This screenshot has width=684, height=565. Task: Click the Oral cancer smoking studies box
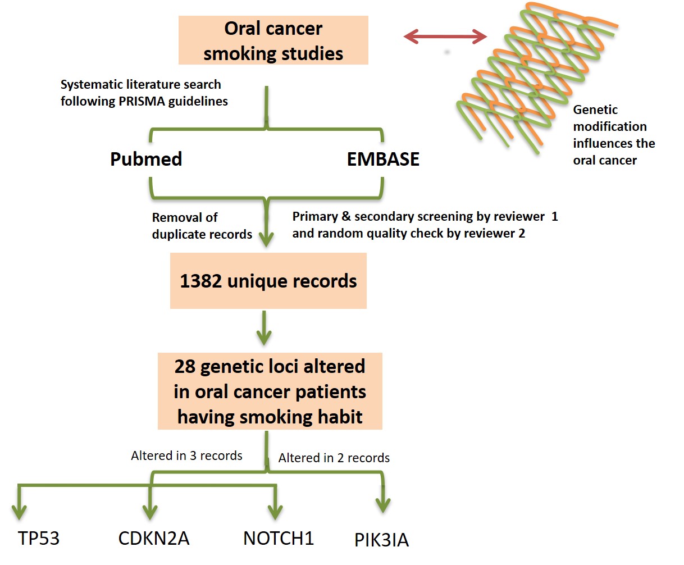[273, 40]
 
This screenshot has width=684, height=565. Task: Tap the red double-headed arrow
[445, 36]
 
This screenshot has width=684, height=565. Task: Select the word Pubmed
[146, 160]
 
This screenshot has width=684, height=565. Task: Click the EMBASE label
[383, 160]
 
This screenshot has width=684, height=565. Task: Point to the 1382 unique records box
[268, 280]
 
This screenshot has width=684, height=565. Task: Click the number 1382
[200, 281]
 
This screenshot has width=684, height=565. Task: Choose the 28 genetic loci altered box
[270, 391]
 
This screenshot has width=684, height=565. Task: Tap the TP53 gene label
[39, 539]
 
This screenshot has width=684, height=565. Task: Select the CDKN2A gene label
[154, 539]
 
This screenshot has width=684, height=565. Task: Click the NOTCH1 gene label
[279, 539]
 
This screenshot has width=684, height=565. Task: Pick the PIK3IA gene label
[382, 540]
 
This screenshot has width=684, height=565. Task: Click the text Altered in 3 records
[186, 455]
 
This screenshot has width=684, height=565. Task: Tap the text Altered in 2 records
[334, 458]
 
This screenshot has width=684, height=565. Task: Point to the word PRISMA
[142, 101]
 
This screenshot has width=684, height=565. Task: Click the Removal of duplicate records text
[202, 226]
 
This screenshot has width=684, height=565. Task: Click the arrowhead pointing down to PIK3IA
[382, 505]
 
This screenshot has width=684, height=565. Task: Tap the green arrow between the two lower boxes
[264, 328]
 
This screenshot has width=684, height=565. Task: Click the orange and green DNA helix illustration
[537, 77]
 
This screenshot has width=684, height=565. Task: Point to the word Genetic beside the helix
[595, 110]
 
